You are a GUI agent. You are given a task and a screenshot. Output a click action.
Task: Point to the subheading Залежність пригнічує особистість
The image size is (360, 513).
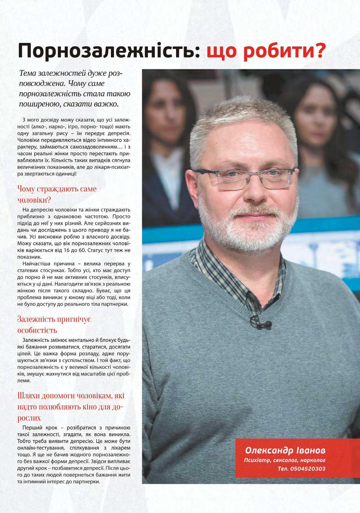[x=54, y=325]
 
